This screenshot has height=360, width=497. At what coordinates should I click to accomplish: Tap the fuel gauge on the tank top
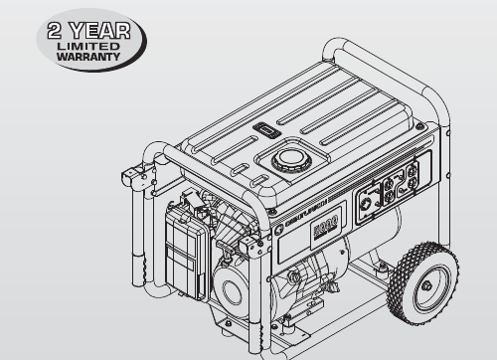(264, 129)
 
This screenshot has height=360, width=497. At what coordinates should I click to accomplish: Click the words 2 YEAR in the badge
(89, 29)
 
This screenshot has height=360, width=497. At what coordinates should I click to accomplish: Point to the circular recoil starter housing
(237, 297)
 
